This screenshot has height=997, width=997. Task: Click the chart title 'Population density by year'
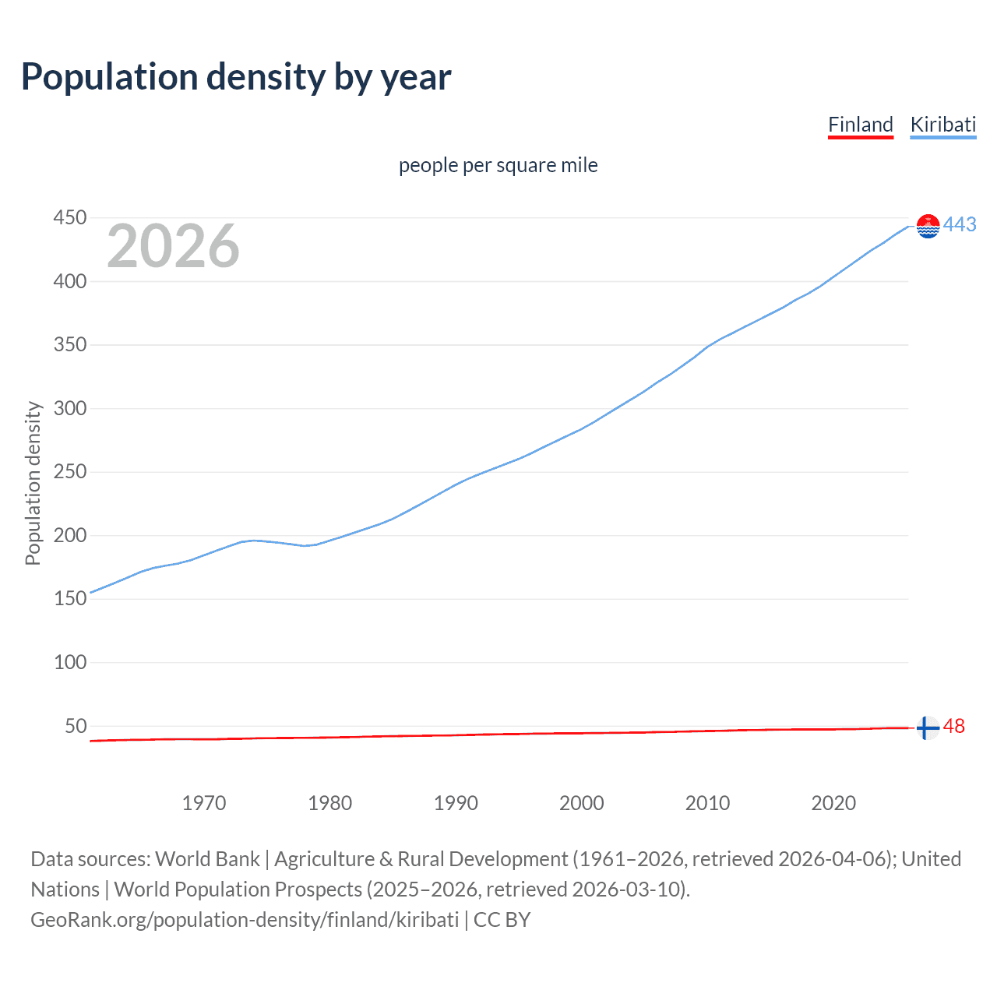point(236,77)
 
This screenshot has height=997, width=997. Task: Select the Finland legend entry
point(860,125)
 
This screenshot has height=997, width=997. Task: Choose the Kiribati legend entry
point(942,125)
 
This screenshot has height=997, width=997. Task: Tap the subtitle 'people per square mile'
point(498,166)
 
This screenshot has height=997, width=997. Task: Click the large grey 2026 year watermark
point(173,246)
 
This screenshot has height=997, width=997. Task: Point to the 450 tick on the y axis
point(69,218)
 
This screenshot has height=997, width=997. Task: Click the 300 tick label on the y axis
point(69,408)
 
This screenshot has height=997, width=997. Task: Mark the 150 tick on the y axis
point(69,599)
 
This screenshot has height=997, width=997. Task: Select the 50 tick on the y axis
point(76,726)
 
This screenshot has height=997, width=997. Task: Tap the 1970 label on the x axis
point(204,803)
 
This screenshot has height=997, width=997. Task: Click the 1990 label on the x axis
point(456,803)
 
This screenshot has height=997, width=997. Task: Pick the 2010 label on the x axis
point(707,803)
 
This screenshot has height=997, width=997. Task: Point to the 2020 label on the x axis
point(833,803)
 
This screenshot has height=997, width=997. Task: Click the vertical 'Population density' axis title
point(33,483)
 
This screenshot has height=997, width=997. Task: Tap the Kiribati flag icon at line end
point(928,226)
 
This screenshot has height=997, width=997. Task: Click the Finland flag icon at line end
point(927,727)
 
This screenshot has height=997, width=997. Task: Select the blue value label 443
point(960,225)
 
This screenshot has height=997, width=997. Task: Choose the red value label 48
point(953,727)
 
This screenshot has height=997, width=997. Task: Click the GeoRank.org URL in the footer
point(245,920)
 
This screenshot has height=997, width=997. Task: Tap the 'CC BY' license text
point(502,920)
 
